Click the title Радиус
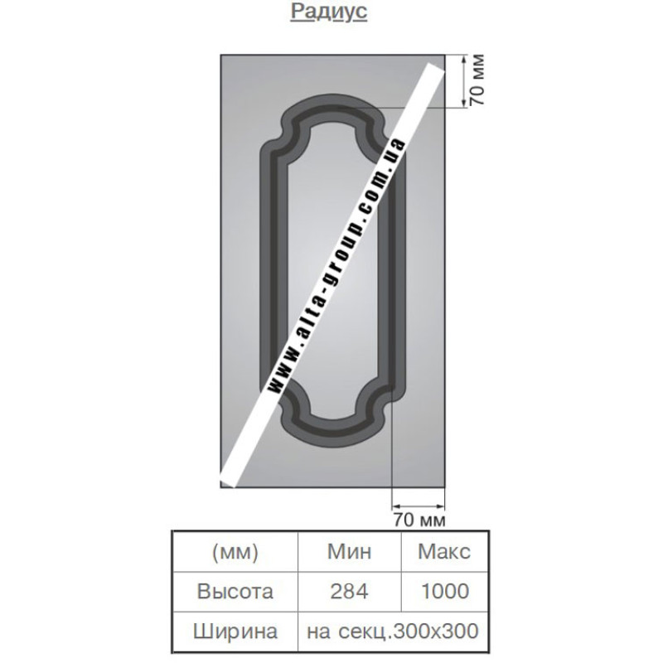coord(328,12)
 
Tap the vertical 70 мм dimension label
coord(477,80)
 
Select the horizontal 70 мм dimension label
coord(419,520)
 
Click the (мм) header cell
coord(235,551)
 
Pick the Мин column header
coord(349,551)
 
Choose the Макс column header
coord(444,551)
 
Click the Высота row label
coord(235,591)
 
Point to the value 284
coord(349,591)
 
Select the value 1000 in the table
coord(445,591)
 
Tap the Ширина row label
coord(235,632)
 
